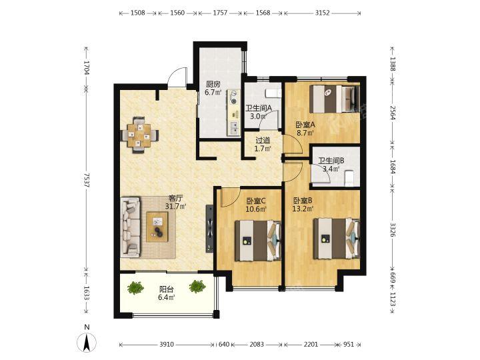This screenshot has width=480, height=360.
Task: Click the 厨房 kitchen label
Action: [213, 84]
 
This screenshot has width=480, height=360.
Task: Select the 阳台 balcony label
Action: [167, 289]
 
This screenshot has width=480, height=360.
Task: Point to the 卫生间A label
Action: [259, 108]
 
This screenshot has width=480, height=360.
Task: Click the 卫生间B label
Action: [331, 161]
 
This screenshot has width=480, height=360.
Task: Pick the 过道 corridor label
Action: [263, 141]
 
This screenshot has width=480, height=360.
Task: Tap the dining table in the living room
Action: [140, 135]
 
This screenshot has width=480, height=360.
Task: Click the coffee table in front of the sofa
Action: [157, 227]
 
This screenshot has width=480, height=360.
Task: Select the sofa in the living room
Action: [131, 227]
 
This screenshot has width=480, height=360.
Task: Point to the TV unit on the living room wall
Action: [209, 228]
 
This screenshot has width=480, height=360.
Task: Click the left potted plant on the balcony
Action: [135, 287]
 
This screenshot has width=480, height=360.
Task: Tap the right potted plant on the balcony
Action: [197, 287]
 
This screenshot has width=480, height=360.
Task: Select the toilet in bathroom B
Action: [349, 178]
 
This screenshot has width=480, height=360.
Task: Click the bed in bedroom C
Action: [258, 241]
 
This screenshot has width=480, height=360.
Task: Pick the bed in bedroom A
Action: [334, 99]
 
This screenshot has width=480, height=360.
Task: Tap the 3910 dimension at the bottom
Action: [167, 345]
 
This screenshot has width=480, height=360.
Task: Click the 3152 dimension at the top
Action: [323, 13]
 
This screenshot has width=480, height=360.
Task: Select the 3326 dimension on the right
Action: [393, 229]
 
